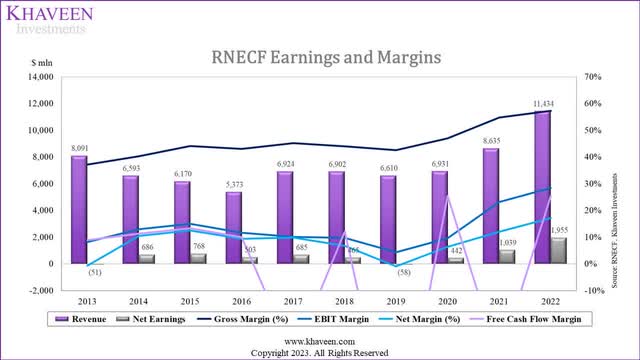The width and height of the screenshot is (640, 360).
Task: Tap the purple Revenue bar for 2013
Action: [x=79, y=210]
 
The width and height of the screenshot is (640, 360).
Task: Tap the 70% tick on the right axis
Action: [x=592, y=77]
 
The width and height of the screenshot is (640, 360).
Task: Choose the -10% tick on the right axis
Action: [x=591, y=291]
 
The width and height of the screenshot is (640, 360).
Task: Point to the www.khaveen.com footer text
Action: [x=320, y=341]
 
